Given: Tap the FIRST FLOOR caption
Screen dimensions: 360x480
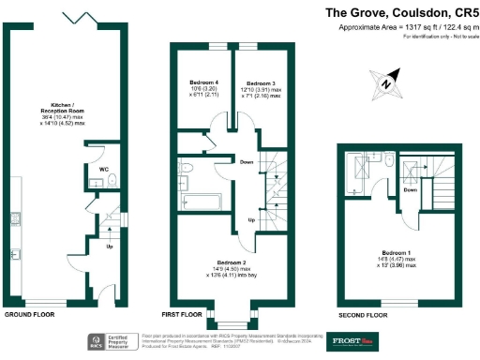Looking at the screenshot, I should (x=182, y=314).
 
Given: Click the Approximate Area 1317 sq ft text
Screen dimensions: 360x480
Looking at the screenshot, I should (x=408, y=28).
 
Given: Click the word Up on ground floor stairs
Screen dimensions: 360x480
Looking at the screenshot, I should (x=110, y=247).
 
